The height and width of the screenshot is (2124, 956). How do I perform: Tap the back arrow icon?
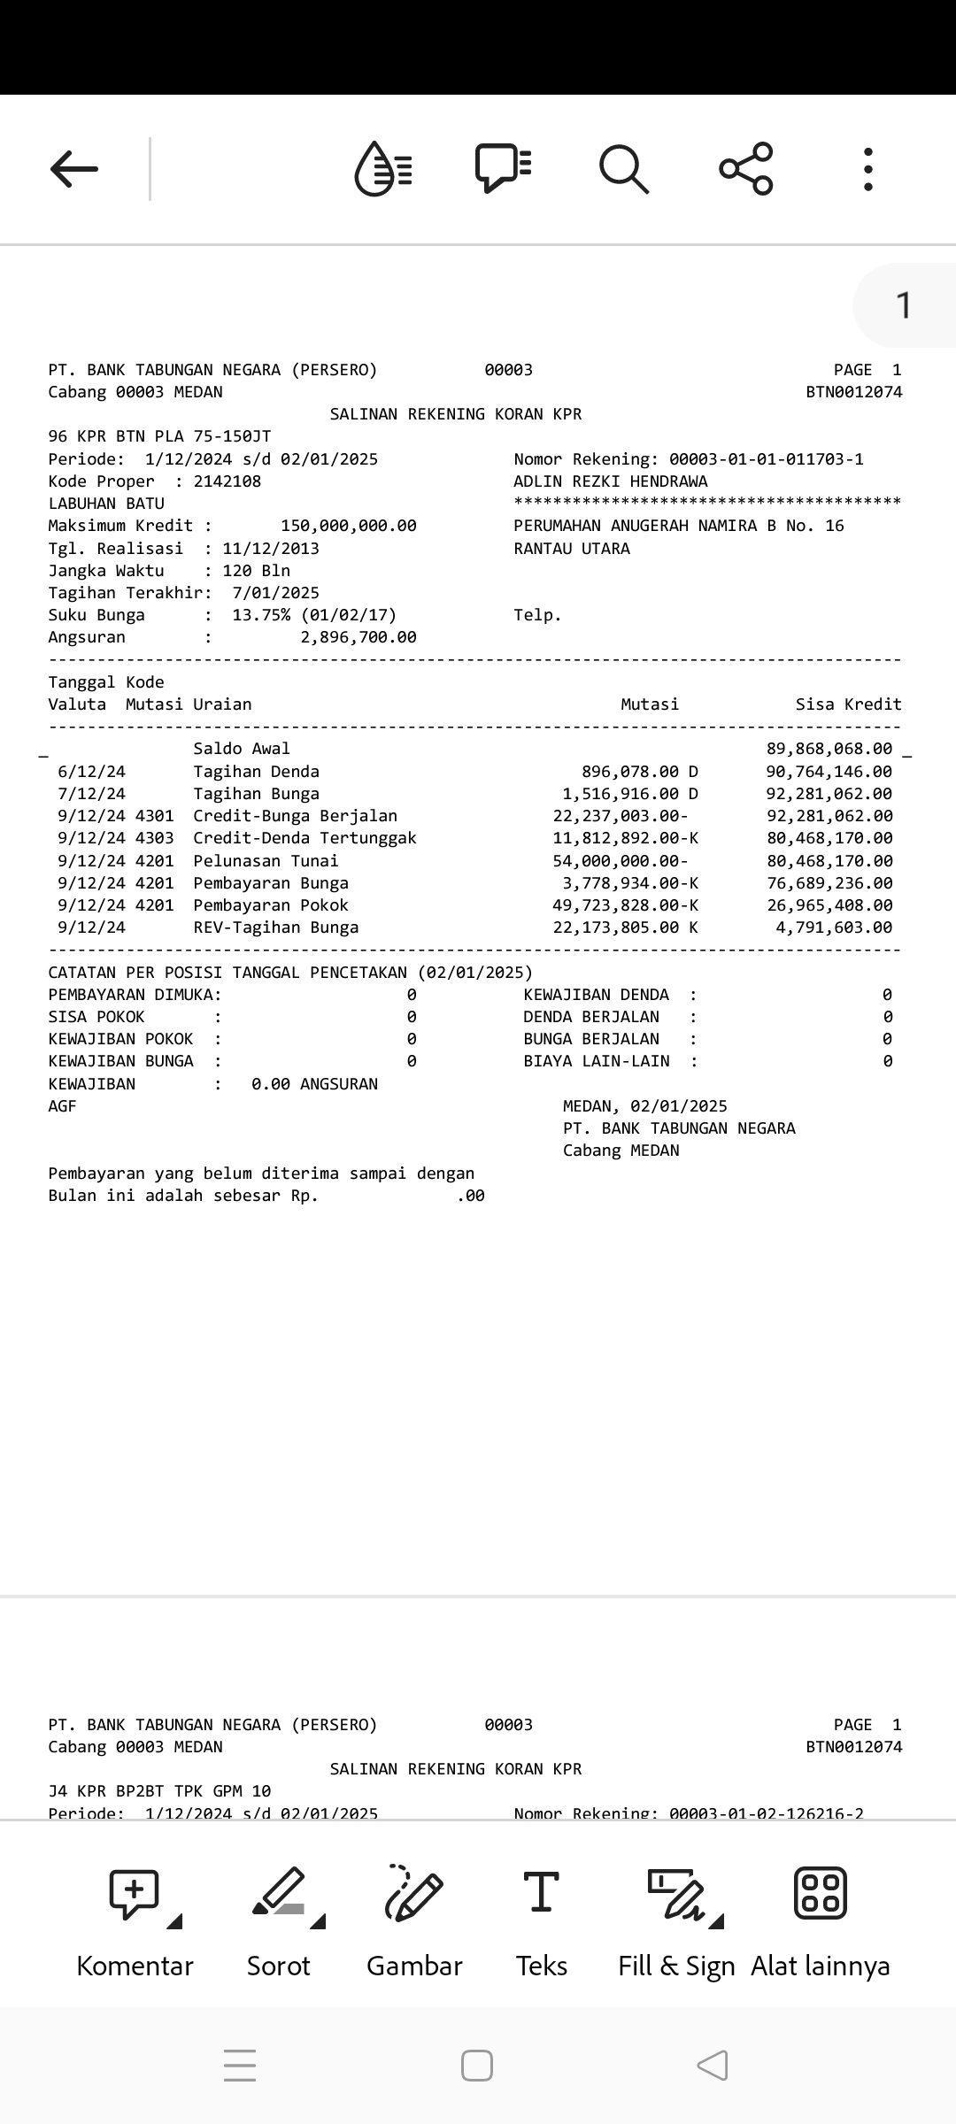74,168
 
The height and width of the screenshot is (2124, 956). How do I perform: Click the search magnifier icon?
624,168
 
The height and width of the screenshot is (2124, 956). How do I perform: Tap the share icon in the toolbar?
746,168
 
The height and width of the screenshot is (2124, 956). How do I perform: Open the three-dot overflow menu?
868,168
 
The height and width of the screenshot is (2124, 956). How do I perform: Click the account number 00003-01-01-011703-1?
766,459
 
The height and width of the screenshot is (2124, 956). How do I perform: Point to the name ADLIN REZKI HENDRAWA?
611,481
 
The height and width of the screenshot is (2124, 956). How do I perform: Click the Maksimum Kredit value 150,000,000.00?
348,526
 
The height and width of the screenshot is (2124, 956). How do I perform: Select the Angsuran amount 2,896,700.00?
358,637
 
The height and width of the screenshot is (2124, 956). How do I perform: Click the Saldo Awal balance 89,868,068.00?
829,749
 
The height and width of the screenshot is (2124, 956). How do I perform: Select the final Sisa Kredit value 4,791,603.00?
834,927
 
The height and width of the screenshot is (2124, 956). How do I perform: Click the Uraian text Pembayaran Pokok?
271,905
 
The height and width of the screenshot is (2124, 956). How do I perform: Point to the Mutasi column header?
650,704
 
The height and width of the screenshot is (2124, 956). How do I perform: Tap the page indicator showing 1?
903,305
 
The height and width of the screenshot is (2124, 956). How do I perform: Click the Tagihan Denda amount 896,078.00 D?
639,772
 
